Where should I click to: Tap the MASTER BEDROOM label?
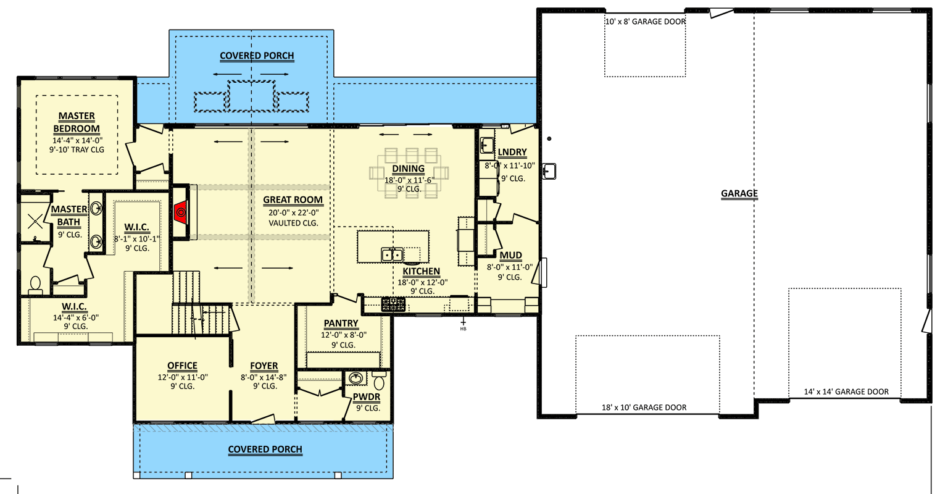[x=77, y=122]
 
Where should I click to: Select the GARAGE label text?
[x=739, y=193]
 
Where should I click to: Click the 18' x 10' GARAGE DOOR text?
[x=644, y=408]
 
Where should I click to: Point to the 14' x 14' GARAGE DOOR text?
[x=846, y=391]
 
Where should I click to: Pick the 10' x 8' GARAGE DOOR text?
[x=645, y=22]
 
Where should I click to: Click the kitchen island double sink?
[x=392, y=254]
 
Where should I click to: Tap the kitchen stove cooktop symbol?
[x=393, y=303]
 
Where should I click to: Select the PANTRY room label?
[x=341, y=323]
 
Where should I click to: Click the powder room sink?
[x=356, y=378]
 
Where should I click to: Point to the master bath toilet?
[x=35, y=285]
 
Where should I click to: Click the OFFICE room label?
[x=182, y=366]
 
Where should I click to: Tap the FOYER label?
[x=264, y=366]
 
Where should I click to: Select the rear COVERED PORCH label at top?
[x=257, y=56]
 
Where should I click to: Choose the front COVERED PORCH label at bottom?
[x=265, y=450]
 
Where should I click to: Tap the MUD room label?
[x=510, y=255]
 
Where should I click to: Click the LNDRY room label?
[x=512, y=153]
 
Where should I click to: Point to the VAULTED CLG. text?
[x=293, y=223]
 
